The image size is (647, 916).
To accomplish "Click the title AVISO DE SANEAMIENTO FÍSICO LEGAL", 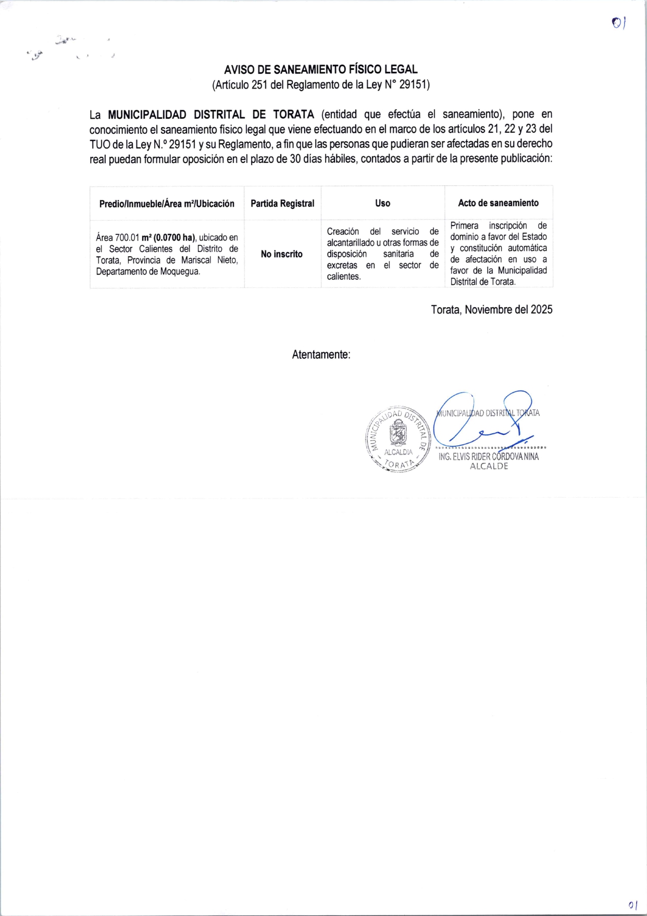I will pos(321,69).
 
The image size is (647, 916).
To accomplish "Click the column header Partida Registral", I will pos(282,203).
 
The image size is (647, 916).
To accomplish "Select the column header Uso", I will pos(382,203).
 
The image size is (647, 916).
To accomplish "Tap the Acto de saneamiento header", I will pos(498,203).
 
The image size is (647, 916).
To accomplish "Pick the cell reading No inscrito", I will pos(281,254).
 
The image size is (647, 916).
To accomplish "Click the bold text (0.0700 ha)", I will pos(174,238).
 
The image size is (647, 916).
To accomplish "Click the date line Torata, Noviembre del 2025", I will pos(491,309).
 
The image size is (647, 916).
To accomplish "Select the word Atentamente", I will pos(320,355).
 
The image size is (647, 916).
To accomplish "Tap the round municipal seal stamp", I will pos(398,439).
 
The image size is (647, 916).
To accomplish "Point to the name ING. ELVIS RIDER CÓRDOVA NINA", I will pos(488,457).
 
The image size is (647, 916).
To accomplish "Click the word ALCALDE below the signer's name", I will pos(489,466).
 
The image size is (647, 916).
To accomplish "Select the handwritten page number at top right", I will pos(618,22).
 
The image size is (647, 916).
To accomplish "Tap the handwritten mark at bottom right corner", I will pos(632,905).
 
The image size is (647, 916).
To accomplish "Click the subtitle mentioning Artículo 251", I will pos(321,85).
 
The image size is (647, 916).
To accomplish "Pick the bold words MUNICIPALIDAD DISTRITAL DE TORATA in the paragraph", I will pos(211,115).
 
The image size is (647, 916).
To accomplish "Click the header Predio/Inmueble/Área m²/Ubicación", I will pos(167,204).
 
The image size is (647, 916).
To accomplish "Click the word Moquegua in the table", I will pos(180,271).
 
